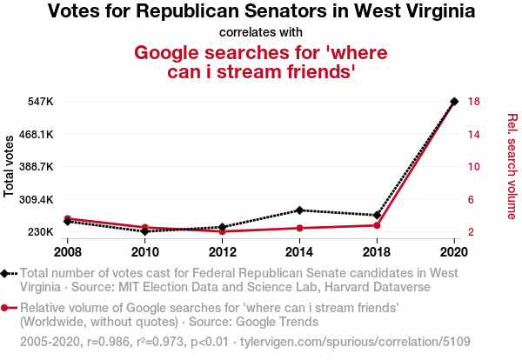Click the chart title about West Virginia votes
click(x=261, y=12)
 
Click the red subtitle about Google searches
click(x=261, y=62)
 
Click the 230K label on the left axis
click(x=42, y=232)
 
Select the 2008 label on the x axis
click(x=67, y=252)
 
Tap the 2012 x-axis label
click(x=222, y=252)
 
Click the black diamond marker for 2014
click(x=299, y=210)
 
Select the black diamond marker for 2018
click(x=377, y=215)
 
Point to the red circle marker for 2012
click(x=222, y=231)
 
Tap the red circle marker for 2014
click(x=299, y=228)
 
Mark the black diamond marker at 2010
click(x=144, y=231)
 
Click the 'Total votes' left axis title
click(x=10, y=166)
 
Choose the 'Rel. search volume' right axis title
click(x=512, y=166)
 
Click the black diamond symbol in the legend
click(x=7, y=273)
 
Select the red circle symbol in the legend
click(x=7, y=308)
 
